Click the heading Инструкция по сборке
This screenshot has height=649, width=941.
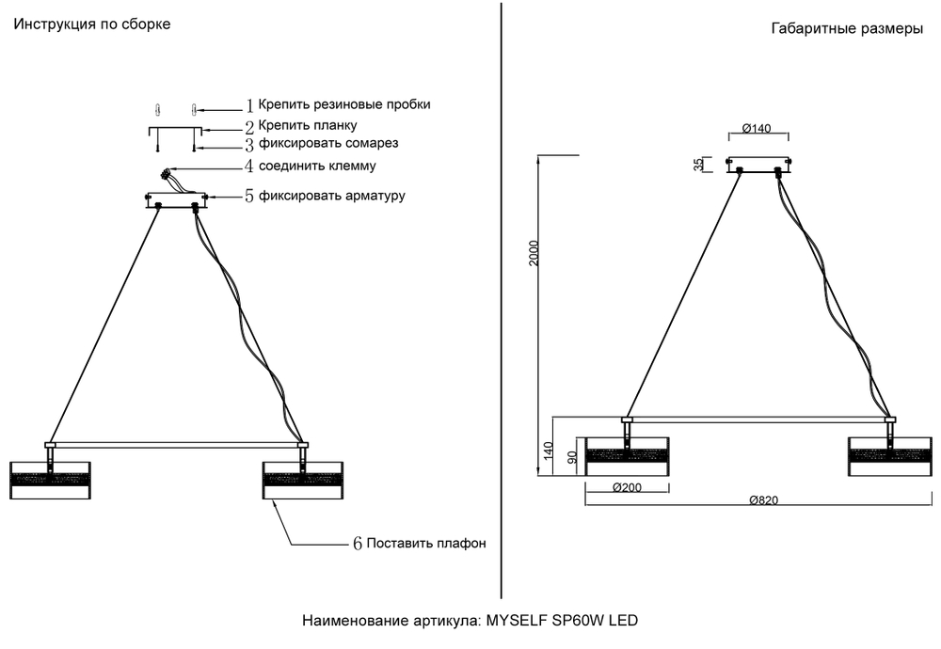91,24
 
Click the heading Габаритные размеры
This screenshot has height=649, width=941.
846,29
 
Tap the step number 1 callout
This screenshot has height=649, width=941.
250,105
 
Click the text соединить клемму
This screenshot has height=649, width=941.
318,166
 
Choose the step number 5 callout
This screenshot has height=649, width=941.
250,197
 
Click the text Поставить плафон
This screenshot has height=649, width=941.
425,544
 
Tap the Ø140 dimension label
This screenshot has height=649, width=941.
758,128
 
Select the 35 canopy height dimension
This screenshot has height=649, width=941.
698,165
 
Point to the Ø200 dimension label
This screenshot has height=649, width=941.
628,488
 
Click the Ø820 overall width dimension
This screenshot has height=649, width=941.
763,501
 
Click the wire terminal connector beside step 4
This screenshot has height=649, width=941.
168,176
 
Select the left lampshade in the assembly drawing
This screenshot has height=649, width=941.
50,480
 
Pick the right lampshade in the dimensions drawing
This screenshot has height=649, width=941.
889,456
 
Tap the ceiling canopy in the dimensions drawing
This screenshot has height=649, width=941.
758,165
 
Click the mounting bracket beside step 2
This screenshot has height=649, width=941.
176,134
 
